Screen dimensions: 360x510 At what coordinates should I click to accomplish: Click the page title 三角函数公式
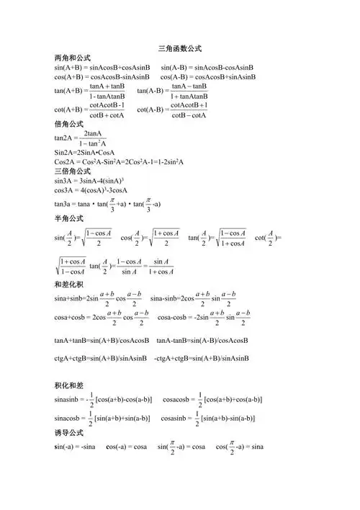click(x=179, y=49)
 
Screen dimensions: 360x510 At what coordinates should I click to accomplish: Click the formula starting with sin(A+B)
click(x=102, y=67)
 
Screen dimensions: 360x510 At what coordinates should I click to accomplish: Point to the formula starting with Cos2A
click(x=119, y=162)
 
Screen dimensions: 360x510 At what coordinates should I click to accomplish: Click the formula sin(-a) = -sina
click(x=76, y=447)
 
